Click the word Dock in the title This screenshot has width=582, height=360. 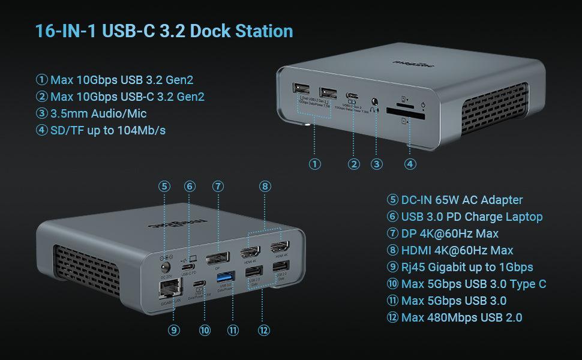pyautogui.click(x=218, y=31)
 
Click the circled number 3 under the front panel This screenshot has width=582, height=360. pyautogui.click(x=377, y=163)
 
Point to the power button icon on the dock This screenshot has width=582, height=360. pyautogui.click(x=423, y=106)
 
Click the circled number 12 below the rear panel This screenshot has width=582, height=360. pyautogui.click(x=263, y=329)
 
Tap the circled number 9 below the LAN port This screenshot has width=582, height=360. pyautogui.click(x=174, y=329)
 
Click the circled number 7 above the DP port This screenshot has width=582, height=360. pyautogui.click(x=218, y=186)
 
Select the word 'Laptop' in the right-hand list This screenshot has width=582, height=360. pyautogui.click(x=521, y=217)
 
